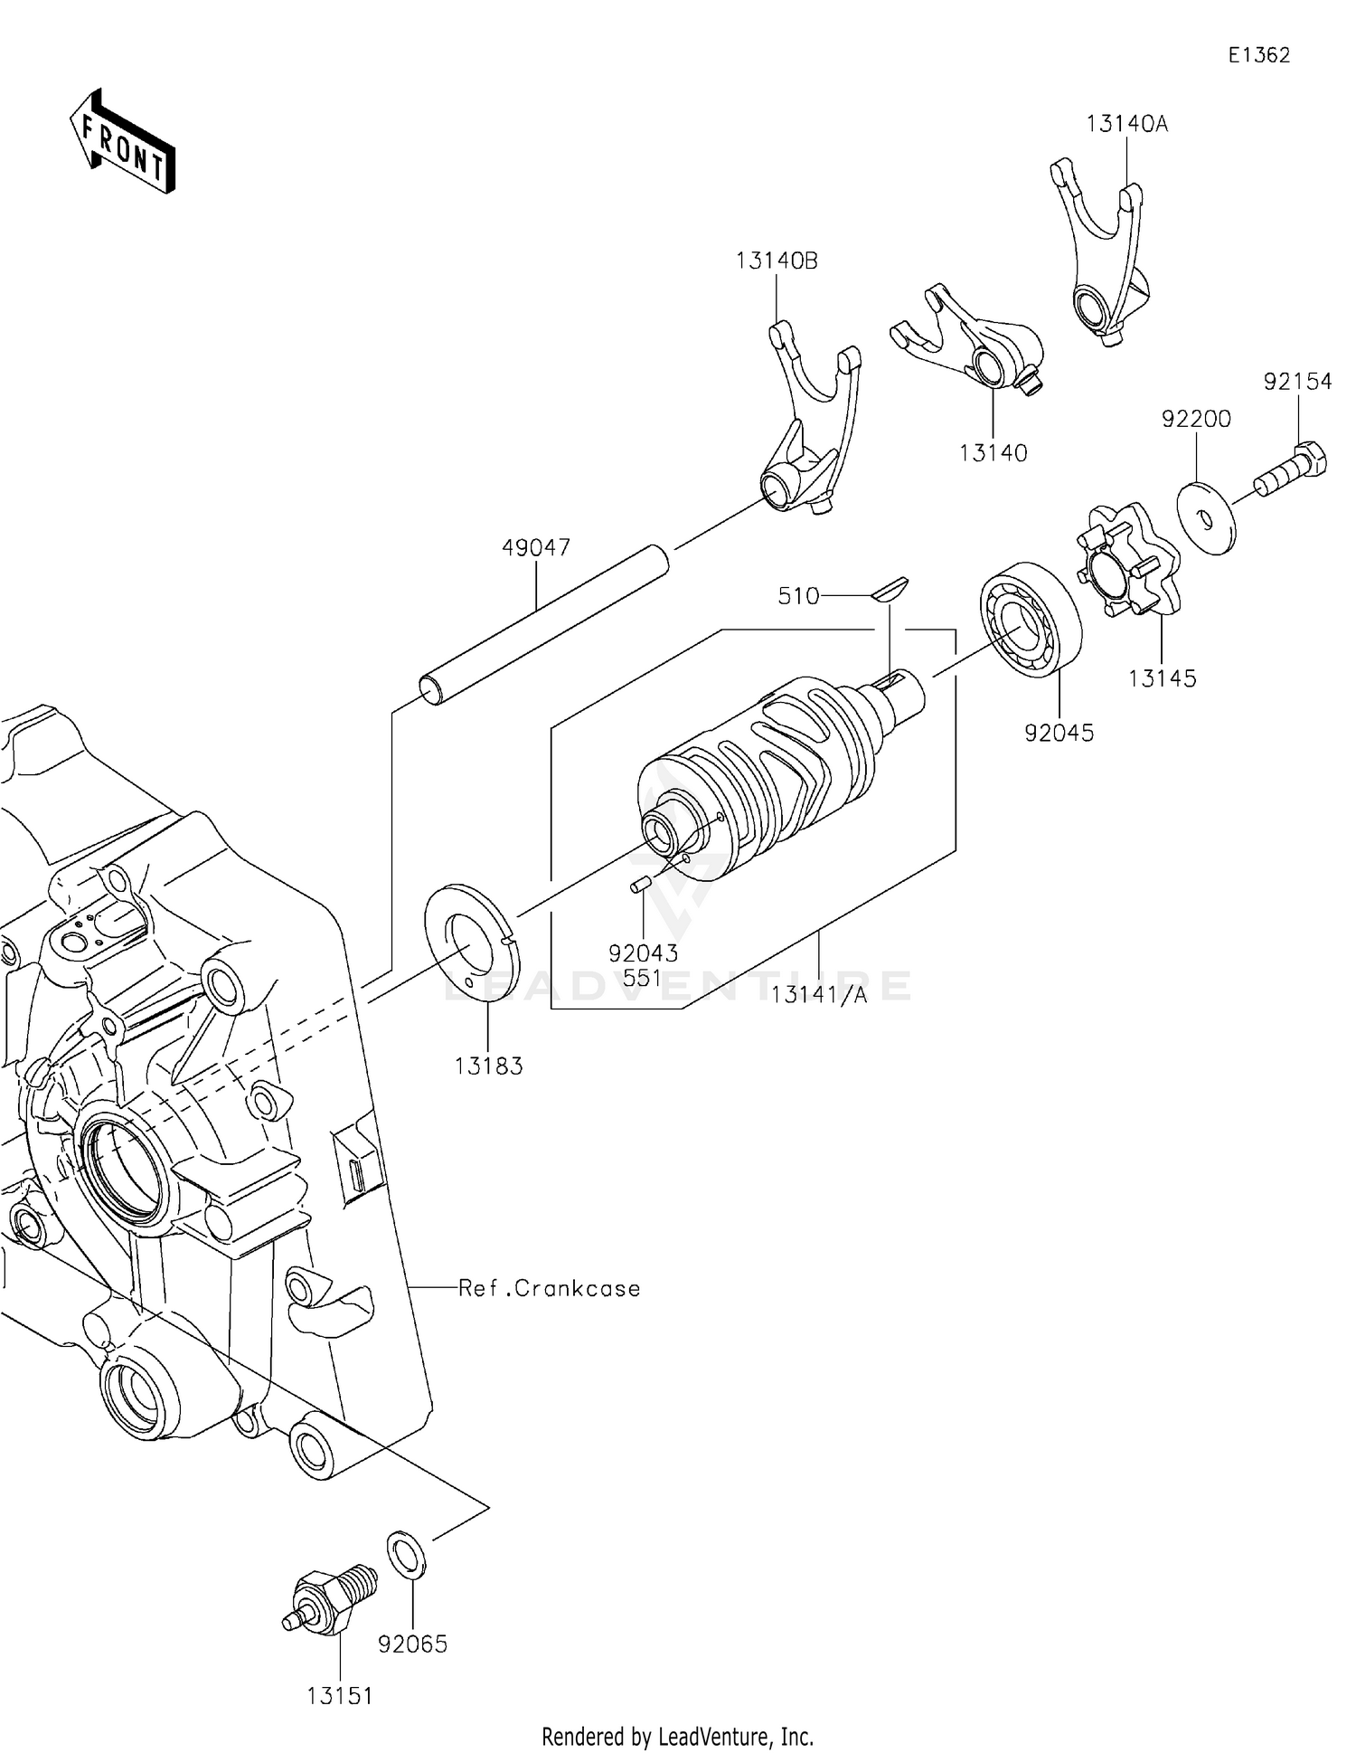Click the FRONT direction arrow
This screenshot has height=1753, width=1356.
[122, 142]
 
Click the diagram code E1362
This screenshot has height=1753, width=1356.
[1258, 55]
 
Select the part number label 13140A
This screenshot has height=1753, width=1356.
[1126, 124]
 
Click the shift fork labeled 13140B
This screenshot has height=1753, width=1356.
[809, 425]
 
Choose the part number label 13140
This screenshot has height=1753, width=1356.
[993, 453]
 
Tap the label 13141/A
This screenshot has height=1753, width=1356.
[818, 995]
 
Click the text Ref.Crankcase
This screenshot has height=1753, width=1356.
[549, 1288]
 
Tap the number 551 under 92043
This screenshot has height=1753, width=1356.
[642, 978]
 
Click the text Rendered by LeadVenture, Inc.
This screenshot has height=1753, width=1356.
[677, 1736]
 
